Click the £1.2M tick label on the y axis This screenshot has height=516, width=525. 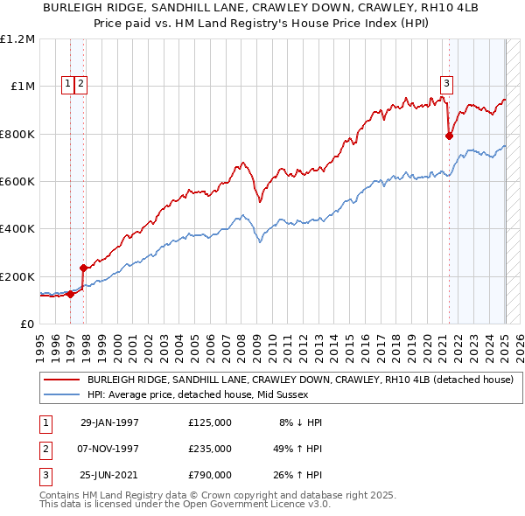click(17, 39)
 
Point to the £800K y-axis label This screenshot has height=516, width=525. click(17, 134)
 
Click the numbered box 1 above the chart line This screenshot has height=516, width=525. click(68, 84)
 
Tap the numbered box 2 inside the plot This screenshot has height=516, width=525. click(80, 84)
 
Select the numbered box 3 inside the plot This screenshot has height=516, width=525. click(446, 84)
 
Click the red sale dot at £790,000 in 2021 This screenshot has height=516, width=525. click(449, 136)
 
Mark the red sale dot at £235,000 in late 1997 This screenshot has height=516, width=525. click(83, 268)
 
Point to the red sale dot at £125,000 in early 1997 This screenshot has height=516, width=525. click(71, 295)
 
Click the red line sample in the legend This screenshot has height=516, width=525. click(61, 380)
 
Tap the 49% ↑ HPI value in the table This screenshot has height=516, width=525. click(297, 448)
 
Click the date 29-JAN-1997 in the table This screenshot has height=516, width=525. click(109, 422)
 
